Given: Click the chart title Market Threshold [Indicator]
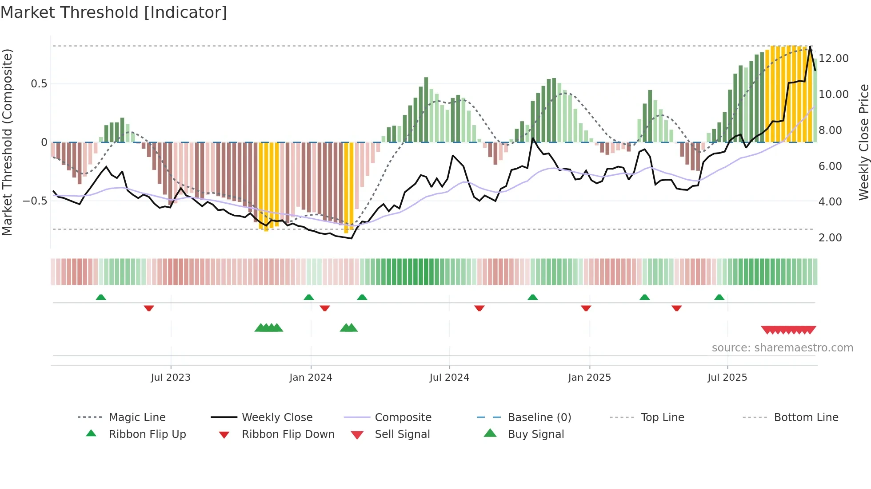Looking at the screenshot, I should [114, 12].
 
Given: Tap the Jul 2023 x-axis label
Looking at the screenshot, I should [171, 378].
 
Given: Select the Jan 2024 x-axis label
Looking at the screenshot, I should [311, 378].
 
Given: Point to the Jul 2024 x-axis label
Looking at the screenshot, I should [449, 378].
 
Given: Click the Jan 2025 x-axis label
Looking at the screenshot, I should [589, 378].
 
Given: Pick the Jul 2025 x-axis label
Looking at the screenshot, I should [727, 378].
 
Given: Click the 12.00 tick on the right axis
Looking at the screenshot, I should [834, 59].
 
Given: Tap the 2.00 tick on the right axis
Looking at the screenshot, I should [830, 238].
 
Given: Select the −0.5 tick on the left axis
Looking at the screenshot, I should [35, 201].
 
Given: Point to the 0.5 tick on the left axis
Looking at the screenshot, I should [39, 84].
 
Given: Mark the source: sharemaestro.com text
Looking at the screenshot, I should [782, 348].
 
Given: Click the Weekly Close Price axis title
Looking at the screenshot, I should [863, 142].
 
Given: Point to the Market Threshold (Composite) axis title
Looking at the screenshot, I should [7, 142].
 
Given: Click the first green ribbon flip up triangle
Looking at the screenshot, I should [101, 297].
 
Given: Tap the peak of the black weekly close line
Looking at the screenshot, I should [810, 47].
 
